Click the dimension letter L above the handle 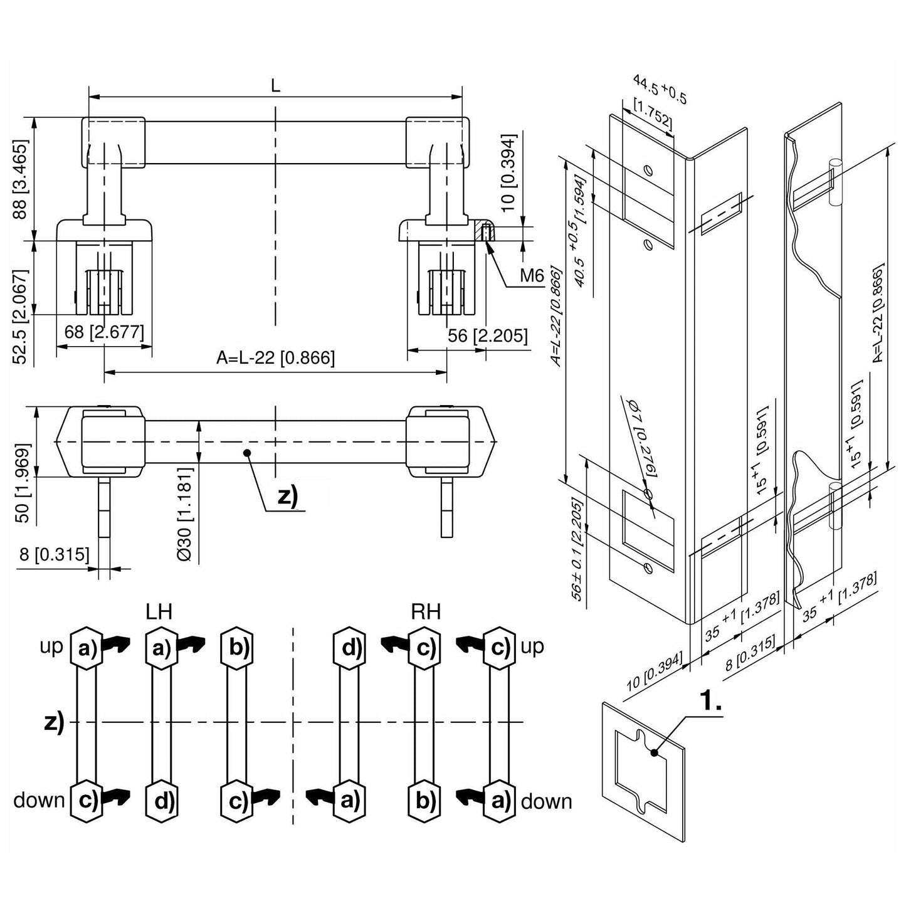pyautogui.click(x=275, y=86)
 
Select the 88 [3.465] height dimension pyautogui.click(x=21, y=179)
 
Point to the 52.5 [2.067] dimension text pyautogui.click(x=21, y=317)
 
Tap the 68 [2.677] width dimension pyautogui.click(x=104, y=332)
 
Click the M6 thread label pyautogui.click(x=530, y=277)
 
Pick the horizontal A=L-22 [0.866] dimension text pyautogui.click(x=275, y=358)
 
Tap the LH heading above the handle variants pyautogui.click(x=159, y=611)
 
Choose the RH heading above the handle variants pyautogui.click(x=426, y=611)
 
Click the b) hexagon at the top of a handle pyautogui.click(x=238, y=646)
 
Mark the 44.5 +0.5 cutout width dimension pyautogui.click(x=660, y=90)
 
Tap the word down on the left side pyautogui.click(x=39, y=800)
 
